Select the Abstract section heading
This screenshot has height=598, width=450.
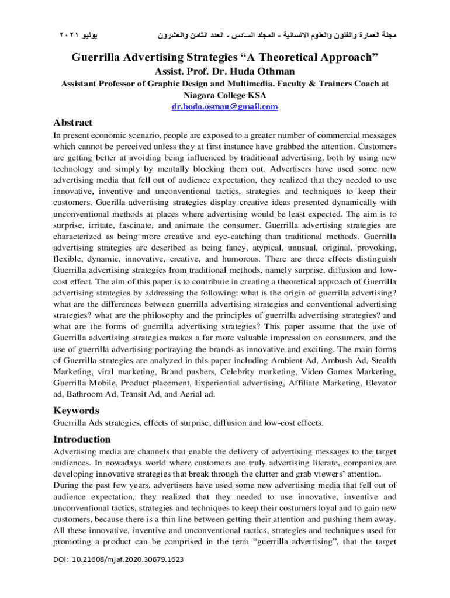click(x=72, y=123)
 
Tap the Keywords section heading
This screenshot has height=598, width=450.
click(x=76, y=410)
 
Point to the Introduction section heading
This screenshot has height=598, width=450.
click(x=82, y=439)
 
